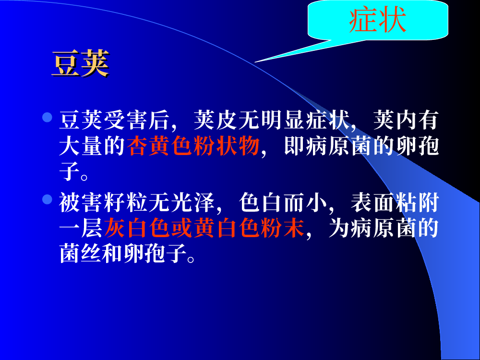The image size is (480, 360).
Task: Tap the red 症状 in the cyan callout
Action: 377,20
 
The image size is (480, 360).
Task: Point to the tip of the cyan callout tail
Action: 255,62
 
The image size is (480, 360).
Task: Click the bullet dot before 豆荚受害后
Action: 47,117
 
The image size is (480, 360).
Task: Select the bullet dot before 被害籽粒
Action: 47,199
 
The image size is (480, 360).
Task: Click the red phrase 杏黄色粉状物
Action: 193,146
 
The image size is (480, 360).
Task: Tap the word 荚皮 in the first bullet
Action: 216,120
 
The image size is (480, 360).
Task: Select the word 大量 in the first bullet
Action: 81,146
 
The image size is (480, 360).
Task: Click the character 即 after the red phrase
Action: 294,146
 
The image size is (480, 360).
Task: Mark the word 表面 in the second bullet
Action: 372,203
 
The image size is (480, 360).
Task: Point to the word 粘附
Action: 417,203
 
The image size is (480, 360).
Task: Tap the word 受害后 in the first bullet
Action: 136,120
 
